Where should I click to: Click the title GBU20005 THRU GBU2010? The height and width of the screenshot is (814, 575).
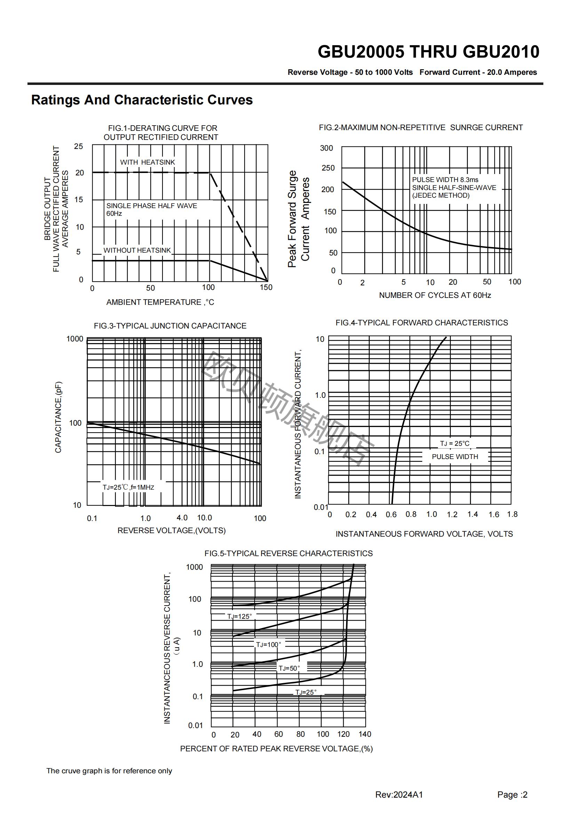coord(428,52)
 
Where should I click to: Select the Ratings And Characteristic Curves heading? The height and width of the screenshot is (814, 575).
coord(142,100)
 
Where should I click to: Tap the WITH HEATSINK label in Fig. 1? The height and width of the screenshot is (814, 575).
coord(147,163)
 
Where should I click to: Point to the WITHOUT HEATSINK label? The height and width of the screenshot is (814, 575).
coord(137,250)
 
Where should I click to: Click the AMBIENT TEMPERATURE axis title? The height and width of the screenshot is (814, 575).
coord(160,302)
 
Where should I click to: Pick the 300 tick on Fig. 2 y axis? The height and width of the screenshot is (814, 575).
coord(326,148)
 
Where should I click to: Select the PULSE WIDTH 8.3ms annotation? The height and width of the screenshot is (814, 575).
coord(445,180)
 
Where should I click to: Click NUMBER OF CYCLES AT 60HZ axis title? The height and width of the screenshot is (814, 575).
coord(435,295)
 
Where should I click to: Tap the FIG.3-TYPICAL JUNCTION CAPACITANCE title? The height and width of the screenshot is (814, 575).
coord(170,326)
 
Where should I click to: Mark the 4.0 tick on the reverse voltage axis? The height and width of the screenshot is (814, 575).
coord(182,517)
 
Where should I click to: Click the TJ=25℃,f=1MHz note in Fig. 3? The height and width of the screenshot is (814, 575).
coord(128,487)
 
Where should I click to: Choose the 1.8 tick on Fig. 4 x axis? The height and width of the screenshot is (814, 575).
coord(512,514)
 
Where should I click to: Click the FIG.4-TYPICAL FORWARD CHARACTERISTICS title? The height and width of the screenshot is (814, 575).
coord(422,323)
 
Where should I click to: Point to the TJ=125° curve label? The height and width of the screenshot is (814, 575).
coord(239,616)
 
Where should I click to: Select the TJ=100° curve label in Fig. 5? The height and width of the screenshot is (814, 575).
coord(269,645)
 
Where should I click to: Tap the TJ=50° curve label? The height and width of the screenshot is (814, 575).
coord(289,668)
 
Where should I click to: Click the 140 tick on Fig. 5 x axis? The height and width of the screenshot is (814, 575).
coord(365,734)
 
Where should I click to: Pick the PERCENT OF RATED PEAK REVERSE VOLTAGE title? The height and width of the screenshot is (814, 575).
coord(276,749)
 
